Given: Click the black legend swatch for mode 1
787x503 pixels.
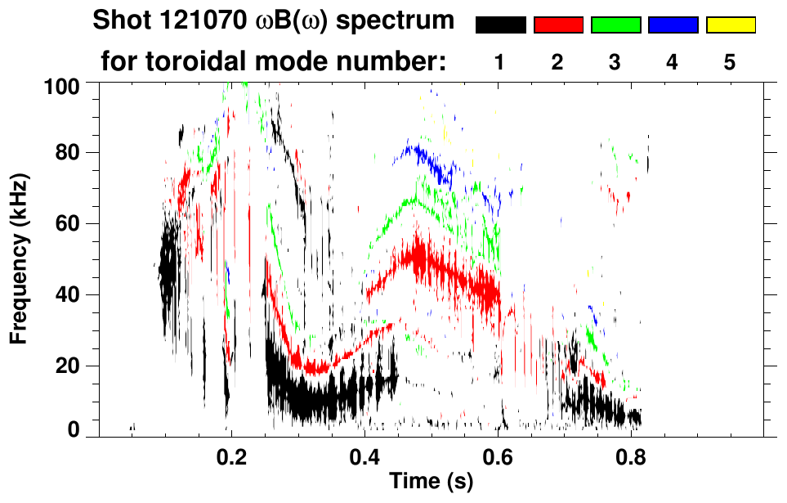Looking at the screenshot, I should coord(500,25).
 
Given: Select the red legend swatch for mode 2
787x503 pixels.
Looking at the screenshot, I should coord(558,25).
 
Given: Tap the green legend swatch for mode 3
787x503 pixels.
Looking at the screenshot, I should coord(615,25).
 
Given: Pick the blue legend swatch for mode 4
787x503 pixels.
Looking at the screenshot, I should coord(673,25).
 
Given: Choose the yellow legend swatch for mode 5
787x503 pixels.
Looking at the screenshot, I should coord(730,25).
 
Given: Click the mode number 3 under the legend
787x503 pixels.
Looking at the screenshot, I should coord(615,62).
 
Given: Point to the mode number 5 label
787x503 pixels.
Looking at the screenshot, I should coord(730,62).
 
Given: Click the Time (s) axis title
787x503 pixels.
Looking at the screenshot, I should coord(430,483).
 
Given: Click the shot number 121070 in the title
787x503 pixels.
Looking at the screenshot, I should coord(196,20).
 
